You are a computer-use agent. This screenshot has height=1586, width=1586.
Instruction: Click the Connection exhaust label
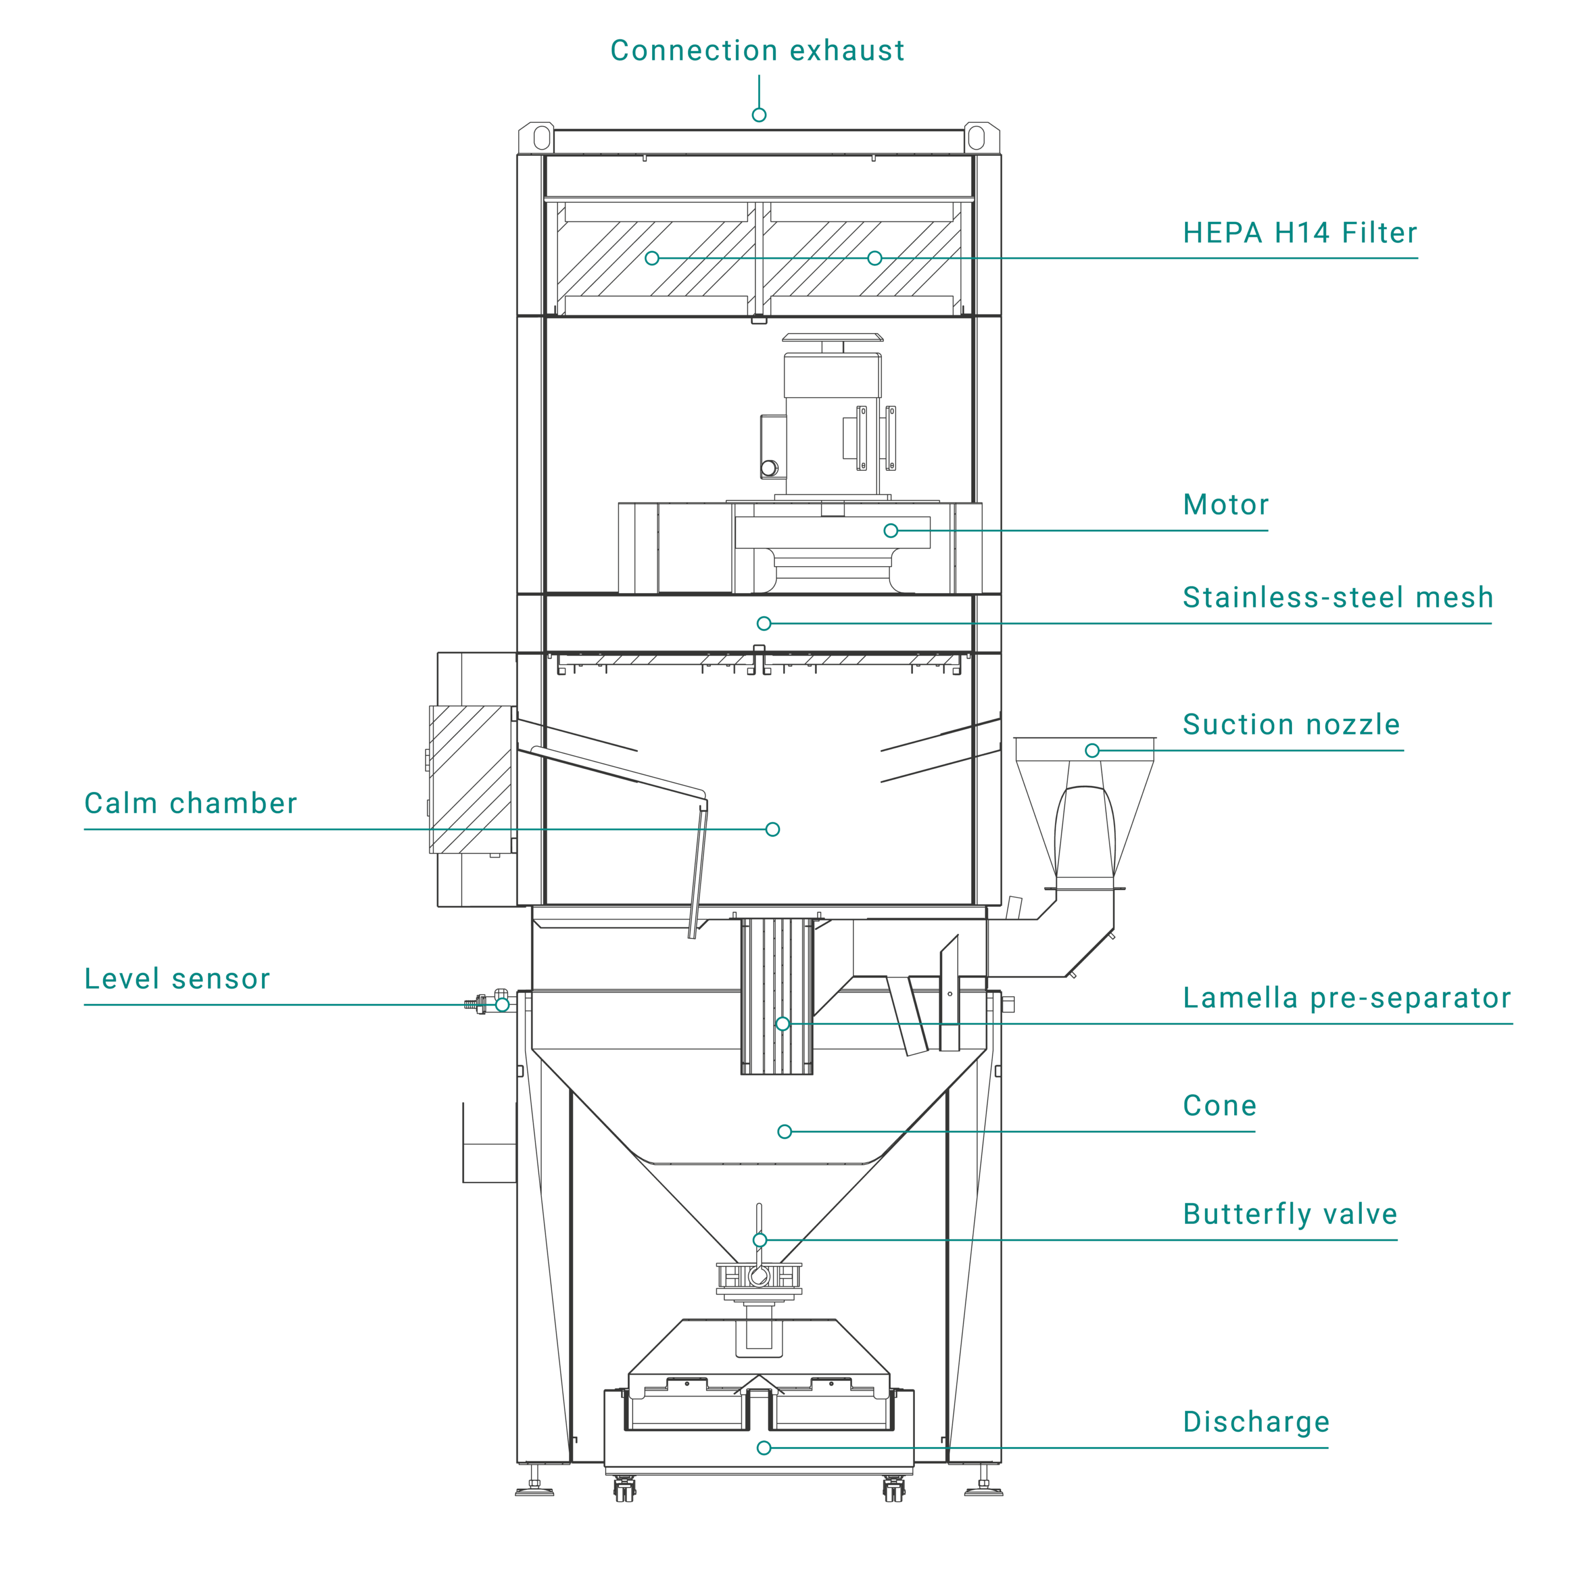coord(757,51)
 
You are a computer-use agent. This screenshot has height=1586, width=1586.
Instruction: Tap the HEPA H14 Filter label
coord(1300,233)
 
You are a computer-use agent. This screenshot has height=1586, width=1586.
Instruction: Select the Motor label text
coord(1226,505)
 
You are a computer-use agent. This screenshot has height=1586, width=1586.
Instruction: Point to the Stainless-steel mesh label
coord(1337,598)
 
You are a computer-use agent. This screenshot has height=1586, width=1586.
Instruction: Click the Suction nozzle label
coord(1290,725)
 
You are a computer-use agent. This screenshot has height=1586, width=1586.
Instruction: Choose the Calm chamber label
coord(191,803)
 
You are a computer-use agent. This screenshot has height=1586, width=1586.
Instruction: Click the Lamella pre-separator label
coord(1346,998)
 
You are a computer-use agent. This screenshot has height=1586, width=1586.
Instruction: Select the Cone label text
coord(1219,1106)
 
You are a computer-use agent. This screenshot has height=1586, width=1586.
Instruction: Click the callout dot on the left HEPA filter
coord(652,259)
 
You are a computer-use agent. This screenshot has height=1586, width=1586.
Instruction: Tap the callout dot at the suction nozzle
coord(1092,750)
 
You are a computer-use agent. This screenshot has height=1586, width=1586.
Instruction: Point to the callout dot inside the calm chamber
coord(773,829)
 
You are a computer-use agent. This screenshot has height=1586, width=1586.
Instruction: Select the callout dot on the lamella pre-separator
coord(783,1024)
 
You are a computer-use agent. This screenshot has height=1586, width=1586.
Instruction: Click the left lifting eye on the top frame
coord(542,137)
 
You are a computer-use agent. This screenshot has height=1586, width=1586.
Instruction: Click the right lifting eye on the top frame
coord(976,137)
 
